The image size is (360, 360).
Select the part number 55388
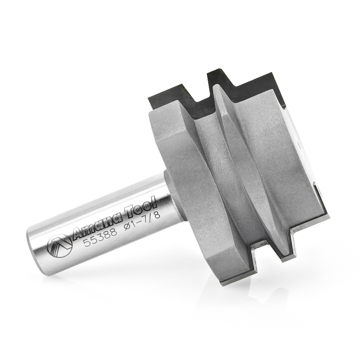coord(101,235)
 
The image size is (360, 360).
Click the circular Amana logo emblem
coord(60,246)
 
